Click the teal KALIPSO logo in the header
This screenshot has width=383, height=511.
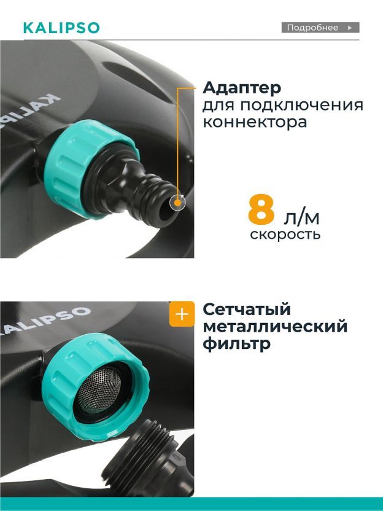tap(61, 28)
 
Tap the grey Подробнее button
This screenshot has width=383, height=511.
tap(320, 28)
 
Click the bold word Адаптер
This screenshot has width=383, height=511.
tap(242, 88)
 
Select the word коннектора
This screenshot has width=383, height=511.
tap(255, 123)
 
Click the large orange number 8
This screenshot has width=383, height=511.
tap(261, 209)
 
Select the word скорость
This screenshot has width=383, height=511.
tap(285, 235)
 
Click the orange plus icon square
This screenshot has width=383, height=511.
tap(182, 314)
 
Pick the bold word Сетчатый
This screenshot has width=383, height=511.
tap(246, 310)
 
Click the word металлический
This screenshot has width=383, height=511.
tap(275, 327)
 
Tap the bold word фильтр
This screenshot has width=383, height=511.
tap(236, 344)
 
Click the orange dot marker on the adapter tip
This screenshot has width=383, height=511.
tap(177, 203)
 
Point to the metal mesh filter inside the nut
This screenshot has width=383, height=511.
tap(99, 390)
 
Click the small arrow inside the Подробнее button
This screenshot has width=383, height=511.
tap(350, 28)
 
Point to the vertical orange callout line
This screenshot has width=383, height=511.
tap(177, 143)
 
